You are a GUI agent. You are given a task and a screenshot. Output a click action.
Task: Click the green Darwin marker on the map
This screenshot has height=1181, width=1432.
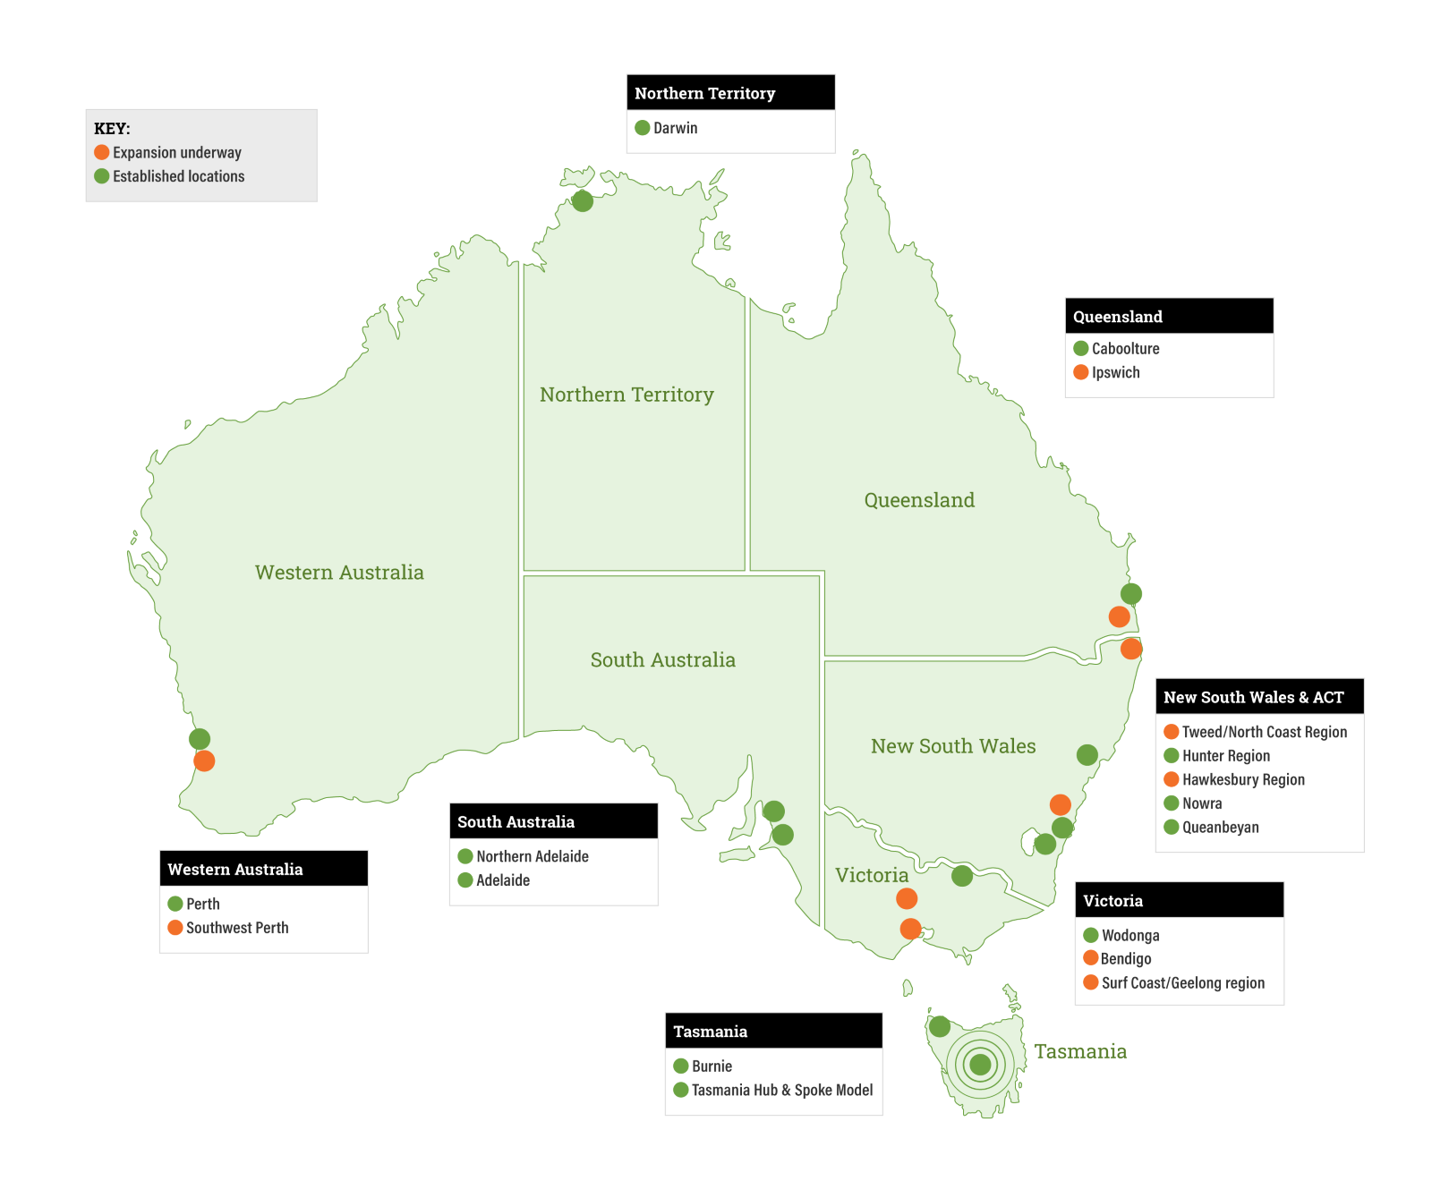click(x=583, y=201)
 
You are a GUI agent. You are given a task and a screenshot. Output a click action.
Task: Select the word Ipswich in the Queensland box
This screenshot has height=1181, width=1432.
click(x=1115, y=372)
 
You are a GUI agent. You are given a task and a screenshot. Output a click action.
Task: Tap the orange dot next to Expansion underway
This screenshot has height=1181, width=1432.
click(x=102, y=152)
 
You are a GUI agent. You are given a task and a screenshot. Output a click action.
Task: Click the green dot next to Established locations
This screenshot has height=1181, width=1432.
click(x=102, y=176)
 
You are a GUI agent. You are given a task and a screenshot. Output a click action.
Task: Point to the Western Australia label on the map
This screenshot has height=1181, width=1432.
click(x=339, y=573)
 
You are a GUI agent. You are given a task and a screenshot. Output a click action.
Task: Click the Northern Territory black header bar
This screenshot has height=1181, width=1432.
click(x=730, y=93)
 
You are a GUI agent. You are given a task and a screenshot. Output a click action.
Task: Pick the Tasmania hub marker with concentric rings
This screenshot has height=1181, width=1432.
click(x=980, y=1065)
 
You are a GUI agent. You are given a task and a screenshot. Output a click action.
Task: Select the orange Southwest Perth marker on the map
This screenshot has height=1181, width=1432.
click(x=204, y=761)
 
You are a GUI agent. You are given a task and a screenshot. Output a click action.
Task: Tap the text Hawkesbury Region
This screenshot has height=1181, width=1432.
click(x=1242, y=779)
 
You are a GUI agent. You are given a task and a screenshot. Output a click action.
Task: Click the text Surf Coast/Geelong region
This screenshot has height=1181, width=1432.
click(x=1182, y=982)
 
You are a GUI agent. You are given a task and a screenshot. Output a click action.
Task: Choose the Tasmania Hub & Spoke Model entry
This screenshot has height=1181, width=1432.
click(x=781, y=1090)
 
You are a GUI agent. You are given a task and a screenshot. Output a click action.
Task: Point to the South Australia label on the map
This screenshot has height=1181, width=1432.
click(x=662, y=660)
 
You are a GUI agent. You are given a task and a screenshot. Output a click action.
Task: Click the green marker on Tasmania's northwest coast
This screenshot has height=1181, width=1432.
click(x=940, y=1026)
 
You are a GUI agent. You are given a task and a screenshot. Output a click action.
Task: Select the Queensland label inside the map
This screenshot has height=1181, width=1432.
click(x=919, y=500)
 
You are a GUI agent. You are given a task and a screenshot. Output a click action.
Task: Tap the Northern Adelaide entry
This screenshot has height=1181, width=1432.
click(x=532, y=856)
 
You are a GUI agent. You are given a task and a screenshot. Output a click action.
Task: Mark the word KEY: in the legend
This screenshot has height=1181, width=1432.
click(x=112, y=129)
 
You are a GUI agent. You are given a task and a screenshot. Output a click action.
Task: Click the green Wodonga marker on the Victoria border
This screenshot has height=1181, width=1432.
click(x=962, y=876)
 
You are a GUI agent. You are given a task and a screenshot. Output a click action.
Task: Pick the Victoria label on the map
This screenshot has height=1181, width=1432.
click(x=871, y=875)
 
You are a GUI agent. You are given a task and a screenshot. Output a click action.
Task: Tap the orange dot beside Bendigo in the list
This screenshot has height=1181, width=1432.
click(x=1091, y=958)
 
